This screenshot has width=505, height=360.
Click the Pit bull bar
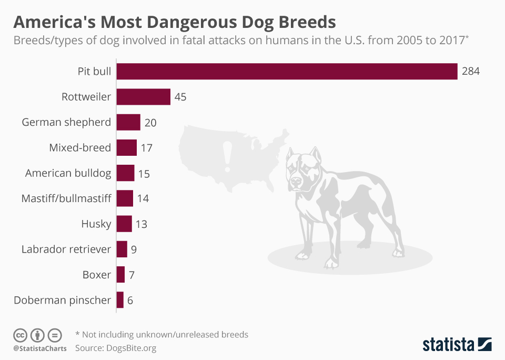tap(287, 72)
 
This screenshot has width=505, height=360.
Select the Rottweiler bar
tap(143, 97)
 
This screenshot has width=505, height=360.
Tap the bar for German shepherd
tap(128, 122)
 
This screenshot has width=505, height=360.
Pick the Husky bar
tap(124, 224)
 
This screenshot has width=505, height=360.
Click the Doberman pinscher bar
tap(120, 300)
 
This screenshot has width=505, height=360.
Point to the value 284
tap(471, 72)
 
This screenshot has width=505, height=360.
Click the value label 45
tap(180, 97)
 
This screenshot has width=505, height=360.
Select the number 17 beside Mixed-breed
tap(146, 148)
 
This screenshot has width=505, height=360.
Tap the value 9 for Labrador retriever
tap(134, 249)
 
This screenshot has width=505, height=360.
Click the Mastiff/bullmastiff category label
tap(66, 198)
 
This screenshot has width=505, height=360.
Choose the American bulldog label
tap(68, 173)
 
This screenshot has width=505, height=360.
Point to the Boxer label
tap(97, 275)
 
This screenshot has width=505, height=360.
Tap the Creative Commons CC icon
tap(20, 335)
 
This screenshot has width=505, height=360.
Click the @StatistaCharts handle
tap(40, 348)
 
